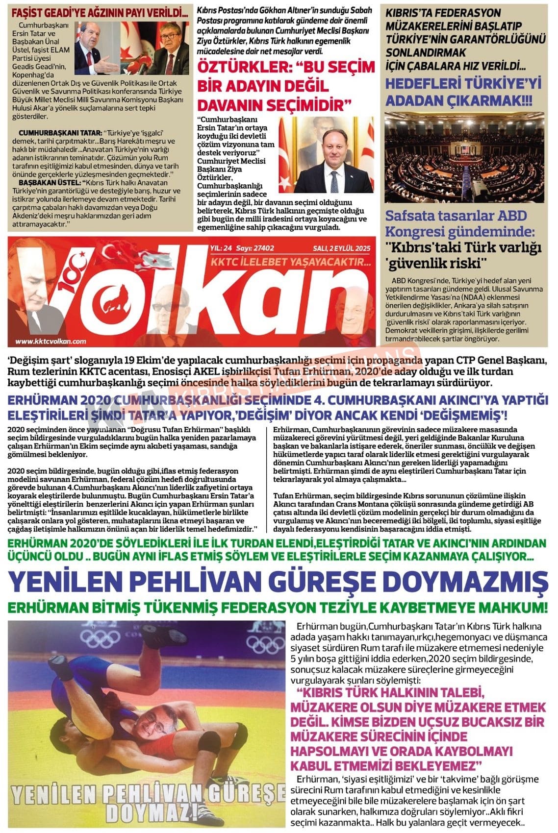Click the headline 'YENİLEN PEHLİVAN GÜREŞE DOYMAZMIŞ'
(x=279, y=582)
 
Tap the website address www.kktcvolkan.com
(x=51, y=342)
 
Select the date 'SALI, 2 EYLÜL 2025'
(x=341, y=248)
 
